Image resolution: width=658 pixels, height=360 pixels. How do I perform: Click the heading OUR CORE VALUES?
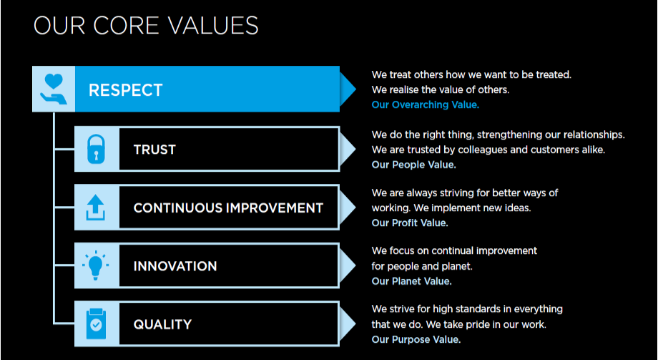(146, 25)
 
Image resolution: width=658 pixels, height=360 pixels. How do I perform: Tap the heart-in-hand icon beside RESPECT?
(54, 89)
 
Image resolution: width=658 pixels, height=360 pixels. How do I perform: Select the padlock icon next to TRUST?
(96, 149)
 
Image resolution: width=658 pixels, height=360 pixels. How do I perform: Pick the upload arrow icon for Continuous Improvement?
(96, 208)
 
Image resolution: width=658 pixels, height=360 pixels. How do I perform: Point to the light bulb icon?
(96, 266)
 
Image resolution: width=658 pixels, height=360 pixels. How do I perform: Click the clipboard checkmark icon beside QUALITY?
(96, 324)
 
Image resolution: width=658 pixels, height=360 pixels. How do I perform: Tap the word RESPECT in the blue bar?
(125, 90)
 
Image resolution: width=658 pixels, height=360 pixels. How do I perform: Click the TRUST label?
(154, 150)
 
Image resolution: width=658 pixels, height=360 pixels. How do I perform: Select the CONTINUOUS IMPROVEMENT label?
(228, 208)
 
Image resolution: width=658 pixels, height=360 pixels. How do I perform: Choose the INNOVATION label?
(175, 266)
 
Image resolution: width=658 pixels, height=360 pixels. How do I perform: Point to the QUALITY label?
(162, 324)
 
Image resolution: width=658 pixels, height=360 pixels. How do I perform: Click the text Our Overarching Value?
(425, 105)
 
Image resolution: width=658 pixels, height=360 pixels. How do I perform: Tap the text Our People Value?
(414, 165)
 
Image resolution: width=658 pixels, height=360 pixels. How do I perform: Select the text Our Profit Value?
(410, 223)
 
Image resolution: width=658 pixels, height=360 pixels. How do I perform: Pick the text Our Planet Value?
(412, 281)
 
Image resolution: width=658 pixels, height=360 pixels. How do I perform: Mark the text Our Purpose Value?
(416, 339)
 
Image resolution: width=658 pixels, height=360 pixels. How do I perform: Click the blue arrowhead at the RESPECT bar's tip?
(347, 89)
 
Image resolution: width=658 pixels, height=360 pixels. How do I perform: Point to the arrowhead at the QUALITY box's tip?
(347, 324)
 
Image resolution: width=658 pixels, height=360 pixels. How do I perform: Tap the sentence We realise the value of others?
(440, 90)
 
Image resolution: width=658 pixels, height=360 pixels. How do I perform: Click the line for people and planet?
(422, 267)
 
